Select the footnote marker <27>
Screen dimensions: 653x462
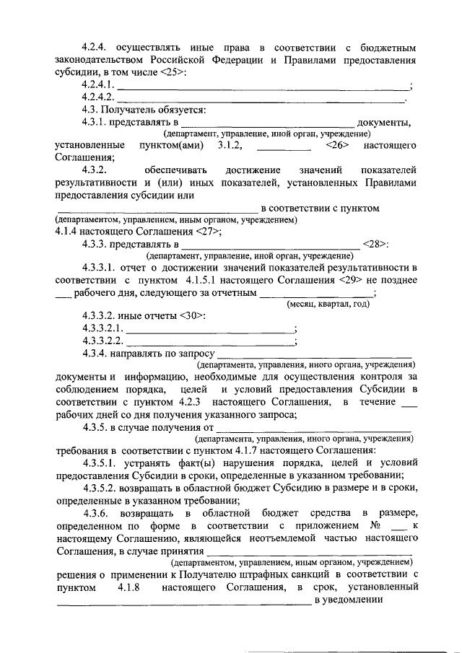click(x=209, y=231)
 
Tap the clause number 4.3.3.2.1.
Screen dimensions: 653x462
click(x=104, y=328)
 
